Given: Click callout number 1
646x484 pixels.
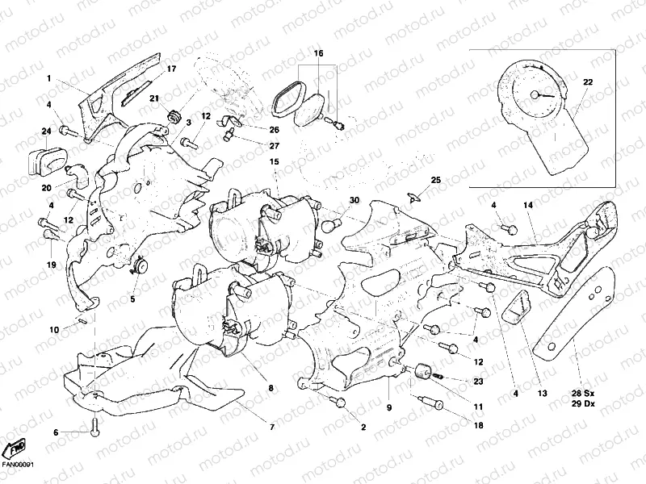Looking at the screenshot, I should tap(48, 78).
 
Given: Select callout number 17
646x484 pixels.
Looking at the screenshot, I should tap(170, 69).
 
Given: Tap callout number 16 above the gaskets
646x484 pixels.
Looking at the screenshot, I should tap(318, 53).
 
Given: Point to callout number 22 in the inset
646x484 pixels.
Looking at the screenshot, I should tap(588, 82).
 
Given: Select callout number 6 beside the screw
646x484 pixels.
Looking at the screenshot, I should tap(57, 433).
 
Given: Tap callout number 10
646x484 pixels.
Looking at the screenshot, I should tap(54, 330).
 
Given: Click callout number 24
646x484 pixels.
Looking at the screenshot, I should tap(47, 131).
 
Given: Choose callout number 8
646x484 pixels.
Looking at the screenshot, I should tap(271, 388).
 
